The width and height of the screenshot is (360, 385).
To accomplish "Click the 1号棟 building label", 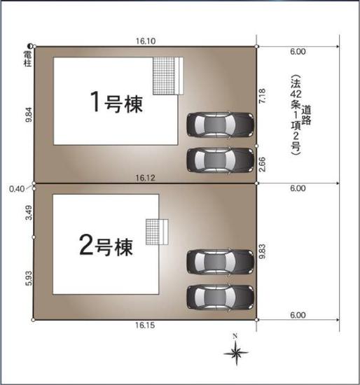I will (116, 104).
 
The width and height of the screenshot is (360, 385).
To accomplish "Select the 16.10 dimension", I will (146, 41).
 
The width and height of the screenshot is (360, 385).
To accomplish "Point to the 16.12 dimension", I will (145, 178).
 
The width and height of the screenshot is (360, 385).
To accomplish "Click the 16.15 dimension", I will (145, 325).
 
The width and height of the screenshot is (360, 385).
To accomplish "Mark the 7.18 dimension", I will (263, 96).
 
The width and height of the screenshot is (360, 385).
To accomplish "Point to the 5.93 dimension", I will (29, 277).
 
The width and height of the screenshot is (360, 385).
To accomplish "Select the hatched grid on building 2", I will (153, 232).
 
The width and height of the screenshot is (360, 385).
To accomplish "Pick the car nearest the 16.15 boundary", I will (219, 297).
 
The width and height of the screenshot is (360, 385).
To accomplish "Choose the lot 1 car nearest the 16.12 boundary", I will (219, 159).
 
